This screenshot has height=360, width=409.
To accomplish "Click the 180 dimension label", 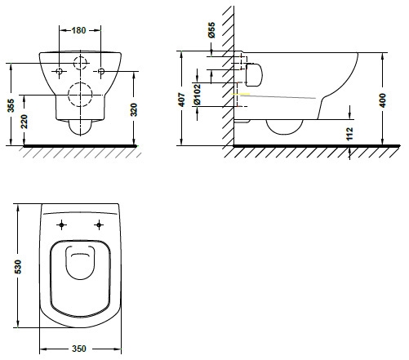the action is click(78, 30).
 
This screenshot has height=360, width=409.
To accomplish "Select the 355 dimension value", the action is click(11, 105).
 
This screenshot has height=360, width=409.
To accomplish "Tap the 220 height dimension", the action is click(24, 122).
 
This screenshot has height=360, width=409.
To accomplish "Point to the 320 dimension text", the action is click(134, 109).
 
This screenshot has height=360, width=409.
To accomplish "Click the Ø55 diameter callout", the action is click(211, 30).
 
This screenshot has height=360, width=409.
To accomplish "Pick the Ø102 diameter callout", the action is click(197, 95).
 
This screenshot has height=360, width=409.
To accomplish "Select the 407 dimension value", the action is click(181, 100).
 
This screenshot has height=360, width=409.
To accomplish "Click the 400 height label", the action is click(383, 100).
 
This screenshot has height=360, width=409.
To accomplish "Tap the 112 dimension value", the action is click(349, 134).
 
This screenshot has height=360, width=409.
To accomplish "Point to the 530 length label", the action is click(18, 267).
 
